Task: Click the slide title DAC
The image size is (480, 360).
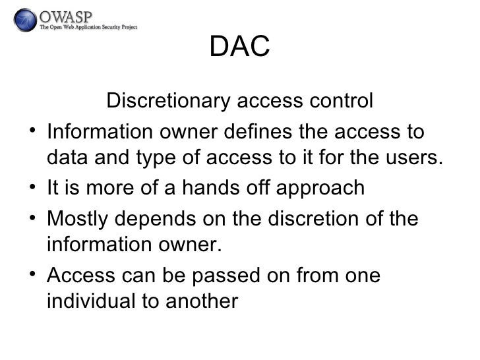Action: coord(240,47)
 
